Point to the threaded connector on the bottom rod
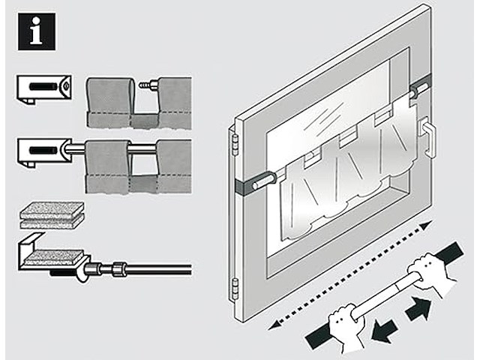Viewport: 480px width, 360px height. pyautogui.click(x=120, y=268)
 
